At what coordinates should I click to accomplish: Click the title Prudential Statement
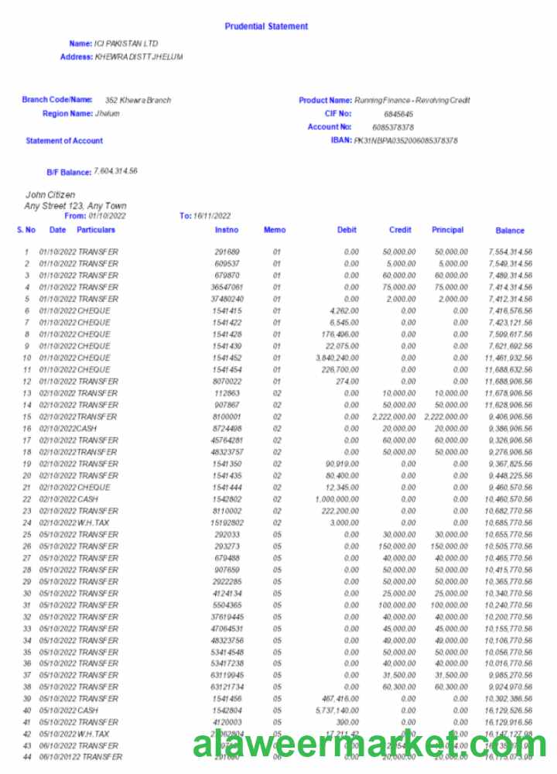pos(266,26)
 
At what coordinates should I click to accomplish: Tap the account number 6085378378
pos(393,127)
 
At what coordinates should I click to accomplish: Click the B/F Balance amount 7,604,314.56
pos(115,171)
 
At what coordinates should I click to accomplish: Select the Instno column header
pos(227,230)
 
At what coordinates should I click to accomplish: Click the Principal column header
pos(447,230)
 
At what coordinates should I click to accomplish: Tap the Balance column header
pos(510,231)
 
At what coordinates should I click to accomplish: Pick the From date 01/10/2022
pos(107,216)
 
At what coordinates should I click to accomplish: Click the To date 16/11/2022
pos(212,216)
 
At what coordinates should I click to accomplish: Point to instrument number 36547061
pos(227,287)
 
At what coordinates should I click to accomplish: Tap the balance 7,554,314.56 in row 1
pos(511,252)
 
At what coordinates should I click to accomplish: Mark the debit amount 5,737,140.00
pos(337,711)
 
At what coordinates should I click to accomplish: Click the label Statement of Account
pos(64,141)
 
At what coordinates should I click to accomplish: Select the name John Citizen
pos(51,195)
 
